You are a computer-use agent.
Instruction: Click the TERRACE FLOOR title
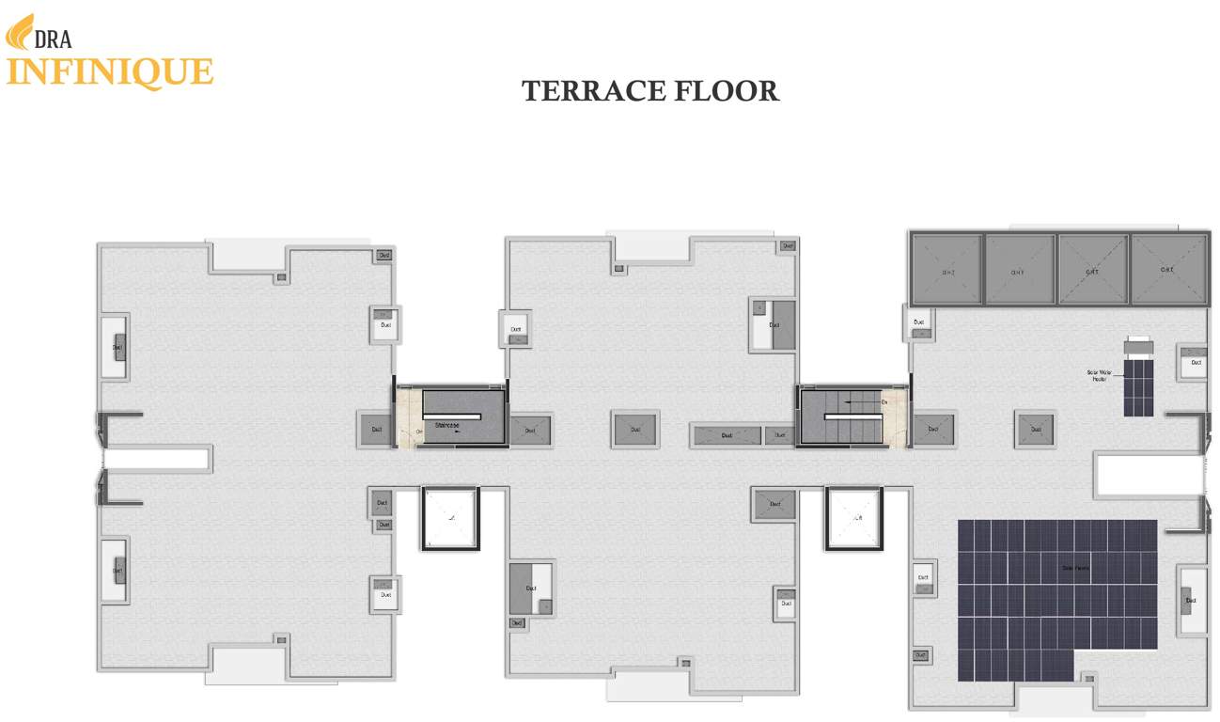[649, 91]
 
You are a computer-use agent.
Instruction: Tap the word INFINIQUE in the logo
[110, 72]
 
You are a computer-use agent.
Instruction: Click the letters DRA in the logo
[53, 39]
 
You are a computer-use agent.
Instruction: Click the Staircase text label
[446, 425]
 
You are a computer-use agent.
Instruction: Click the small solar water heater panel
[1138, 385]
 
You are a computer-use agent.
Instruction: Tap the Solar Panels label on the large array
[1075, 568]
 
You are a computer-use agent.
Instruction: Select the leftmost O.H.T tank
[947, 270]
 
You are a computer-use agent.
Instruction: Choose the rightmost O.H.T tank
[1167, 270]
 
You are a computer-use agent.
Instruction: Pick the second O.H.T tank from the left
[1019, 270]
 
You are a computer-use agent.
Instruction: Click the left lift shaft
[450, 518]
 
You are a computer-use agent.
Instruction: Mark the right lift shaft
[854, 518]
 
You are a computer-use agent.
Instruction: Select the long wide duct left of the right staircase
[726, 435]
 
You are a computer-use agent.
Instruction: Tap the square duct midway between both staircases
[634, 430]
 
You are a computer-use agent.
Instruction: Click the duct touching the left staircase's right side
[530, 431]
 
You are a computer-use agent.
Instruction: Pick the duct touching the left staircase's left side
[376, 430]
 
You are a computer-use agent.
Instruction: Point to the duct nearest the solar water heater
[1194, 362]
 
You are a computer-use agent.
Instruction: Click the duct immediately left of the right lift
[774, 505]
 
